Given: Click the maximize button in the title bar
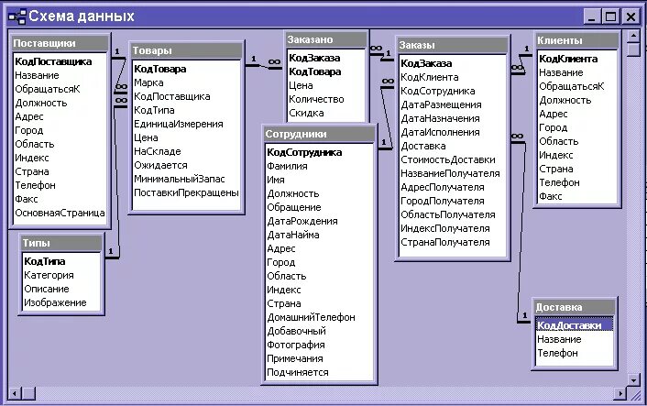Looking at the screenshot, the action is (x=611, y=16).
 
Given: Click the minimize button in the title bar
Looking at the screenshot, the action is (x=591, y=16).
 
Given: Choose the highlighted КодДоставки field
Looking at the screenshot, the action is (x=570, y=325).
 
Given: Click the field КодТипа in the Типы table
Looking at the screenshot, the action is (x=45, y=261).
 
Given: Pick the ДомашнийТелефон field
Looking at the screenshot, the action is (x=311, y=317).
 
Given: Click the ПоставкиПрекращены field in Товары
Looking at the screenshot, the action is (x=186, y=192).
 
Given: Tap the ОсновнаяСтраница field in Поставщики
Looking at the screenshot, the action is (x=60, y=213).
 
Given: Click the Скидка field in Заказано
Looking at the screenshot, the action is (x=306, y=113).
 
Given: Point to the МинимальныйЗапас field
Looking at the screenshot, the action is (x=179, y=179).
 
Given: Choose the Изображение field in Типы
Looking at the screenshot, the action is (x=55, y=302).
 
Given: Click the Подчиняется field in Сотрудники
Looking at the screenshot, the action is (x=297, y=372).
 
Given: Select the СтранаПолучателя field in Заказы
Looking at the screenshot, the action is (x=444, y=242).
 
